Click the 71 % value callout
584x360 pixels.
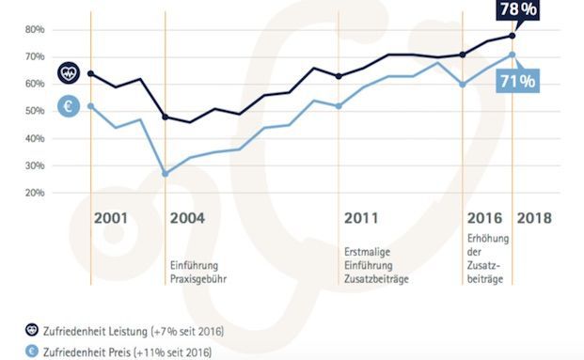516,82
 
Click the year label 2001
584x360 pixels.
110,218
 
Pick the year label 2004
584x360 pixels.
187,218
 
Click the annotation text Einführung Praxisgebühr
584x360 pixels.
198,272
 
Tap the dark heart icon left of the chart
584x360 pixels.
69,72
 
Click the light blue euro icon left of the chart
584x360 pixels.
69,106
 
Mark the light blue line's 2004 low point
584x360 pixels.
166,174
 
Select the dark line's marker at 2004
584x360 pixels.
166,117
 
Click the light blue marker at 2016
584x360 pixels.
462,85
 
